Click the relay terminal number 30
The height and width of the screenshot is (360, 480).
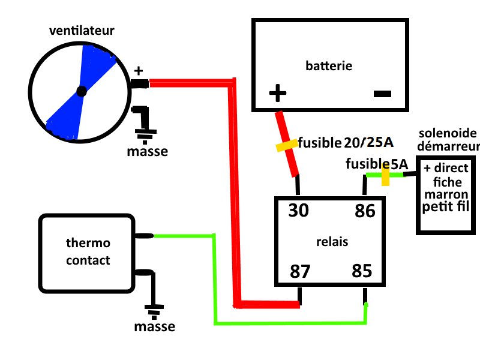(299, 211)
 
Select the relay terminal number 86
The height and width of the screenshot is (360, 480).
(364, 211)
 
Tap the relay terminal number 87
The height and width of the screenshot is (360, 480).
(301, 271)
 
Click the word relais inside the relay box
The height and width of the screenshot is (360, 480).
(332, 241)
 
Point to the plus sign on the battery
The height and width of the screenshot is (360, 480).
(277, 93)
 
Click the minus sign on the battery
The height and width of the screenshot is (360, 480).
(382, 93)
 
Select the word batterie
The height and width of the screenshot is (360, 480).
(329, 65)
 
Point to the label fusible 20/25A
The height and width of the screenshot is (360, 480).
(345, 142)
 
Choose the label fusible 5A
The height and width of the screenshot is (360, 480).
(377, 163)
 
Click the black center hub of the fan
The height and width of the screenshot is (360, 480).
(82, 92)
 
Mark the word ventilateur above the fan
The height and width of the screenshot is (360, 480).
(82, 30)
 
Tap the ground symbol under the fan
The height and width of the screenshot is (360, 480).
(145, 133)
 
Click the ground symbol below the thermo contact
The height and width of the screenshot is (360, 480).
(154, 310)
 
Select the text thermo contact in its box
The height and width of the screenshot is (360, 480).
(88, 252)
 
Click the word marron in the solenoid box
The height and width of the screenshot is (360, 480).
(445, 194)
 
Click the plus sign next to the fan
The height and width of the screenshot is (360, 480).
(139, 71)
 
